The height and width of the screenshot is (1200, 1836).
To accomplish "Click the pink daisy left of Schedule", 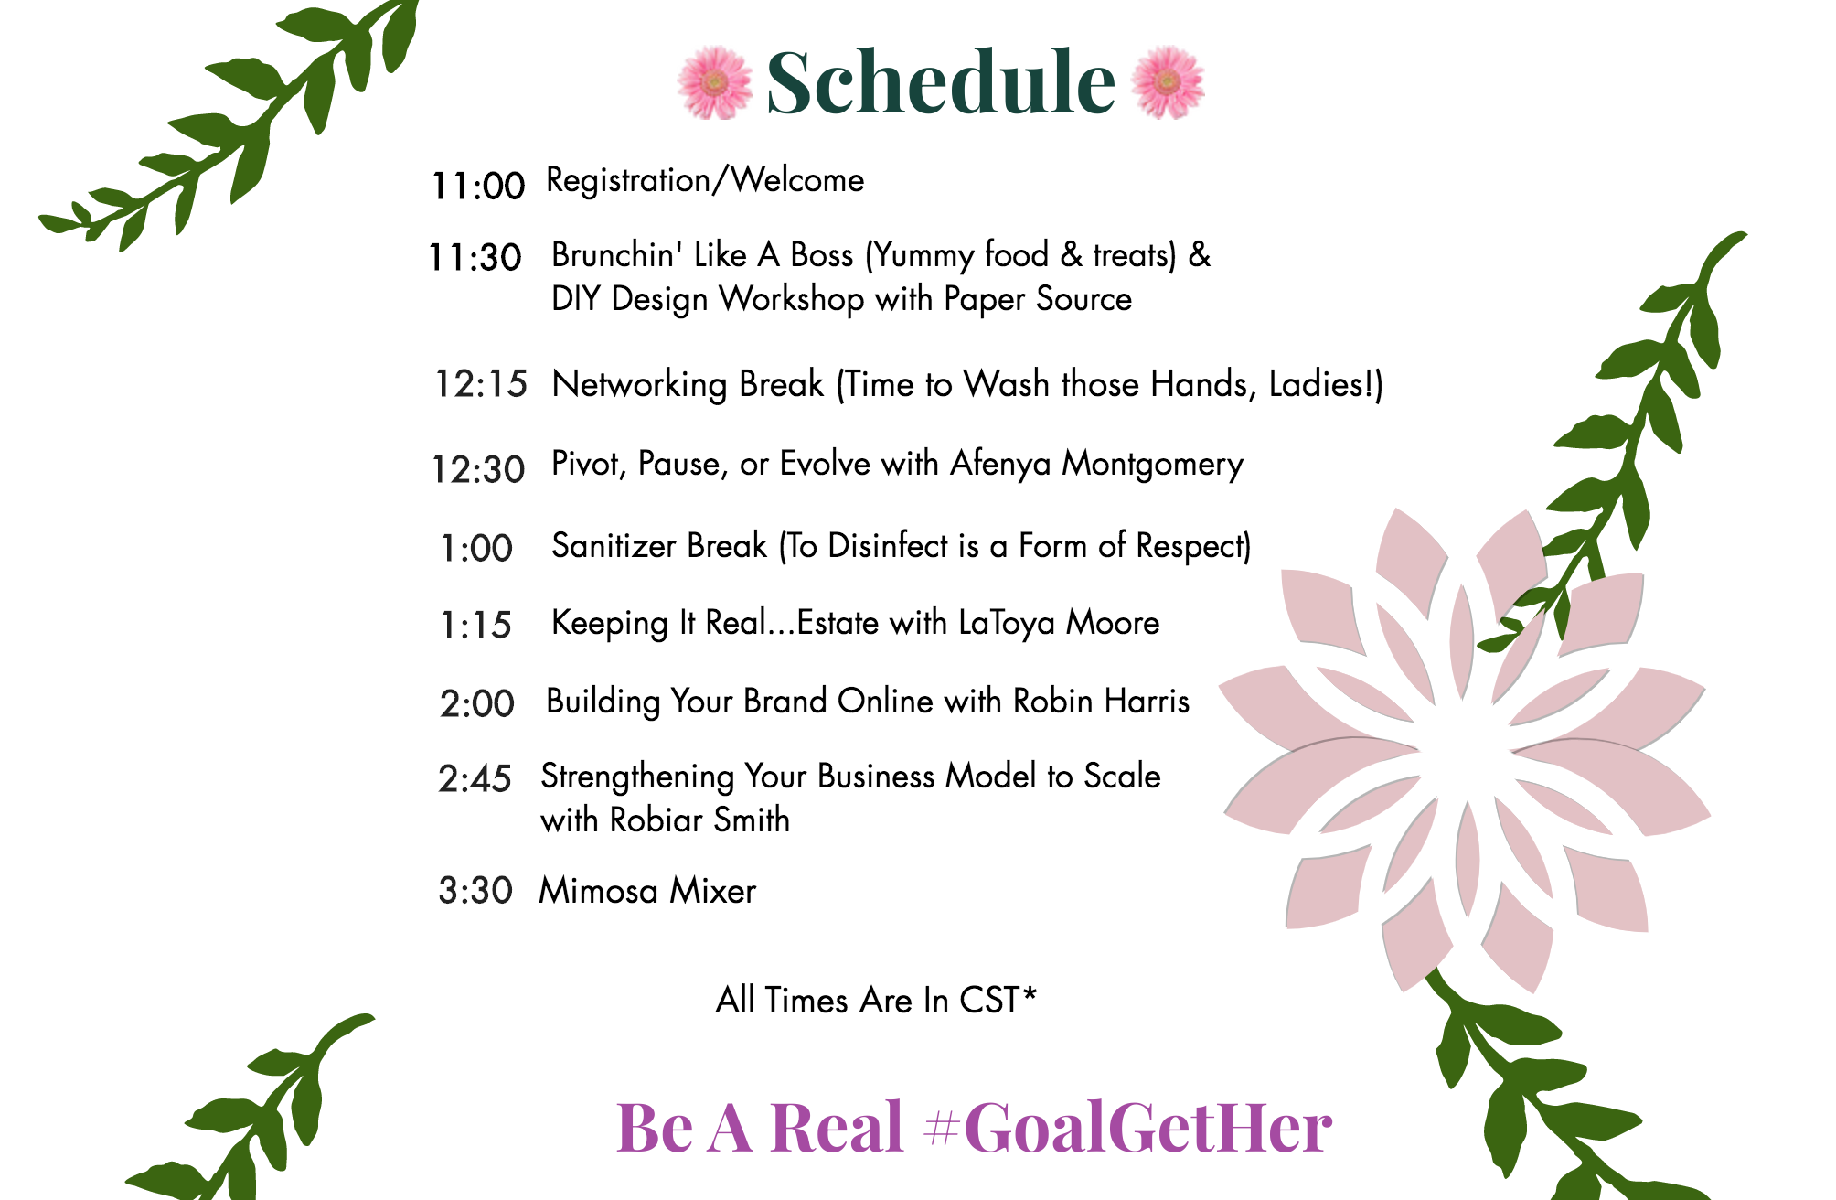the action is [x=715, y=82].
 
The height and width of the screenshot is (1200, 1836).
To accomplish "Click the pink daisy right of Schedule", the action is [x=1168, y=82].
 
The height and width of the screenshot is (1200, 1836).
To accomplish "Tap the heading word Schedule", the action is [x=941, y=82].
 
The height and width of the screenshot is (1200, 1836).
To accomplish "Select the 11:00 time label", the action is [x=478, y=186].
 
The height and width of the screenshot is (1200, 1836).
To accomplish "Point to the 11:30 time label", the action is [x=475, y=257].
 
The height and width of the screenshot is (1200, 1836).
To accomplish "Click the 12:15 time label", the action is [x=481, y=384].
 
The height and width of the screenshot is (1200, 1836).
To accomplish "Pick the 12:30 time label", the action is [x=478, y=469].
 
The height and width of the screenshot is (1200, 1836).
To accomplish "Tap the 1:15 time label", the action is [x=475, y=625].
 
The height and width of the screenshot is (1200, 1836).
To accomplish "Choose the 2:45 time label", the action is [x=475, y=778].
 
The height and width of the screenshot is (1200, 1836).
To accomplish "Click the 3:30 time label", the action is [x=475, y=890].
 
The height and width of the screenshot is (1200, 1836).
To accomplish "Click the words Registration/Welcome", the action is [x=705, y=181].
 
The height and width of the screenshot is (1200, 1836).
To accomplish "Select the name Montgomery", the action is [x=1152, y=465].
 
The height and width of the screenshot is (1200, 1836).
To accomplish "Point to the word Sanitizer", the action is [x=614, y=546].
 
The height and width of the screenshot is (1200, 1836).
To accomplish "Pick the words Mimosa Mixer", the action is [x=647, y=891].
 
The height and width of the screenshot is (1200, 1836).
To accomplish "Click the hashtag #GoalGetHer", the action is [x=1127, y=1127].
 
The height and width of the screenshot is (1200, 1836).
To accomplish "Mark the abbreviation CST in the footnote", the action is [x=989, y=1000].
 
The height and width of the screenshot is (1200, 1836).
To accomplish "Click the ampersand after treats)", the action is [x=1200, y=255].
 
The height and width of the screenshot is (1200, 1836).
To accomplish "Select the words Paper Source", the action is [x=1038, y=300].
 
